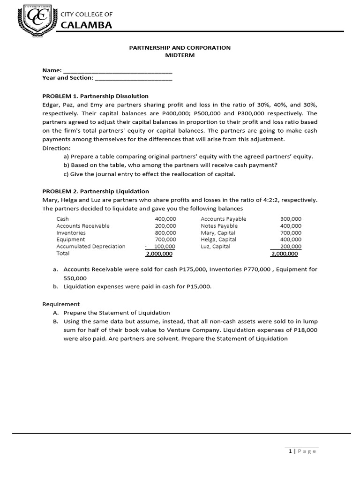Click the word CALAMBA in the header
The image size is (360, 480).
[x=87, y=25]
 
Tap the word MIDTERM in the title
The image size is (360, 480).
[x=180, y=55]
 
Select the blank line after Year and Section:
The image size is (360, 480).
[x=133, y=78]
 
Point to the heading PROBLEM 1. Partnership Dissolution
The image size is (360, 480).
[x=95, y=96]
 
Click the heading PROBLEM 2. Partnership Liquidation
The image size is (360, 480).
[x=96, y=191]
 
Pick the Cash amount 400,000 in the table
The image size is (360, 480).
[x=165, y=219]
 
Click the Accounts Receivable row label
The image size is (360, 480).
[x=83, y=226]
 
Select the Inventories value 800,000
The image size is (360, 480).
[x=165, y=233]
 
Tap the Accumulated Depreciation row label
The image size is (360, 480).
[x=91, y=247]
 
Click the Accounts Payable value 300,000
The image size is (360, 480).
[x=291, y=219]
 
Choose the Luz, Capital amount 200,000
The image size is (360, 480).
[x=291, y=247]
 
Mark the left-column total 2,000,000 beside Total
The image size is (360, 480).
[x=159, y=254]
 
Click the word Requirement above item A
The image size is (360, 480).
[x=61, y=304]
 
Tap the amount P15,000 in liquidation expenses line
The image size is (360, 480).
[x=200, y=287]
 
